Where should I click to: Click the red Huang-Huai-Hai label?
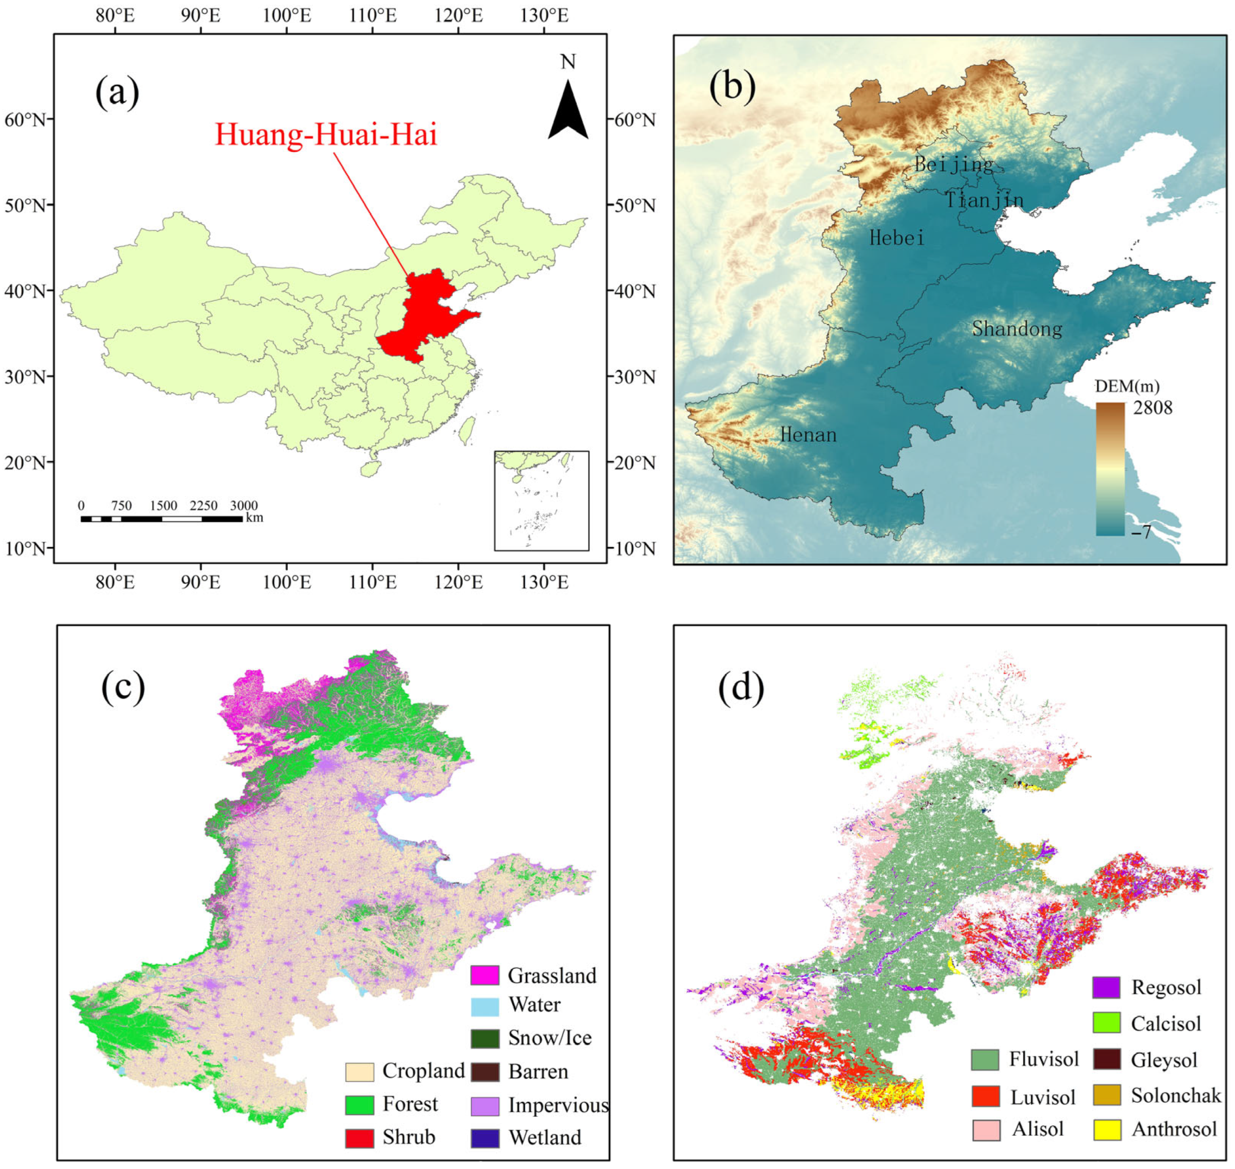click(x=326, y=135)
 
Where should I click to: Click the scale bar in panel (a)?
click(x=161, y=518)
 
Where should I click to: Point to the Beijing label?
click(x=953, y=164)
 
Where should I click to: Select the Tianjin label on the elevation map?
click(x=984, y=200)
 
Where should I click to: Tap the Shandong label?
click(x=1017, y=328)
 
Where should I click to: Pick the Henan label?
click(x=808, y=434)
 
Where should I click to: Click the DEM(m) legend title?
click(x=1127, y=386)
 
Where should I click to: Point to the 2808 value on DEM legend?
click(x=1152, y=408)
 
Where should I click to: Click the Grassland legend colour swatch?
click(x=484, y=975)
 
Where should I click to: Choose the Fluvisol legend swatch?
click(x=985, y=1059)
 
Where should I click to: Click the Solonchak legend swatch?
click(x=1107, y=1096)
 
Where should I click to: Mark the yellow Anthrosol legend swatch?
click(x=1107, y=1129)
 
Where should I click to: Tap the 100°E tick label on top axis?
click(x=287, y=16)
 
